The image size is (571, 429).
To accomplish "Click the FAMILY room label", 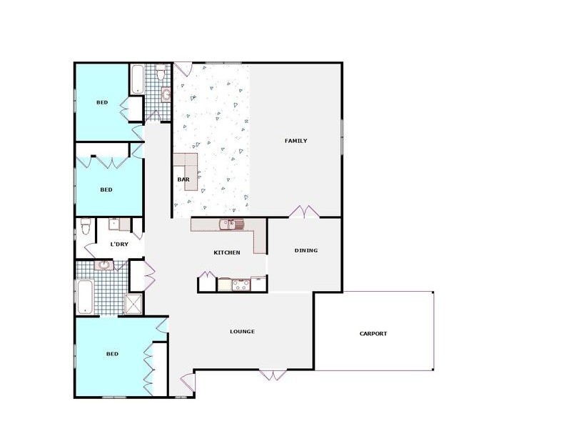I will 295,141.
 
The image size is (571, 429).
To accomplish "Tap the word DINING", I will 305,250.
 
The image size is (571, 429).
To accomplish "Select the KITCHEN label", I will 227,252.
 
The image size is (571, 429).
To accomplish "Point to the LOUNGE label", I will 242,331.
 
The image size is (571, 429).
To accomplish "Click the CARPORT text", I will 373,333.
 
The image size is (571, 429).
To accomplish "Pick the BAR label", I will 183,179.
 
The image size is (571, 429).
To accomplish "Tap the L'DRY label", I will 119,245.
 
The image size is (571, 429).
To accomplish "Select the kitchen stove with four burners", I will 240,285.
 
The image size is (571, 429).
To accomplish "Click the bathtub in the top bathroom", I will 137,79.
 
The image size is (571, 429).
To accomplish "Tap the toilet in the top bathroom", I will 161,73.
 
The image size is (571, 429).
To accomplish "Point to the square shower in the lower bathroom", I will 133,303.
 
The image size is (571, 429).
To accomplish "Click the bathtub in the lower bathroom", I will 85,296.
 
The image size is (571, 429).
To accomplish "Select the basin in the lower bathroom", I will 104,265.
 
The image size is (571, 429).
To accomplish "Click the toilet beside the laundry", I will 86,227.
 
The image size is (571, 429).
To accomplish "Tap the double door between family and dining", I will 303,212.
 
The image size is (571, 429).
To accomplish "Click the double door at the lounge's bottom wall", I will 273,374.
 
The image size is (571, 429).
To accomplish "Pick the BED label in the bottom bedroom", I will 112,354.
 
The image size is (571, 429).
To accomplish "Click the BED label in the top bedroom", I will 102,102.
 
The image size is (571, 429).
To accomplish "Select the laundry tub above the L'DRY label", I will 115,225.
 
